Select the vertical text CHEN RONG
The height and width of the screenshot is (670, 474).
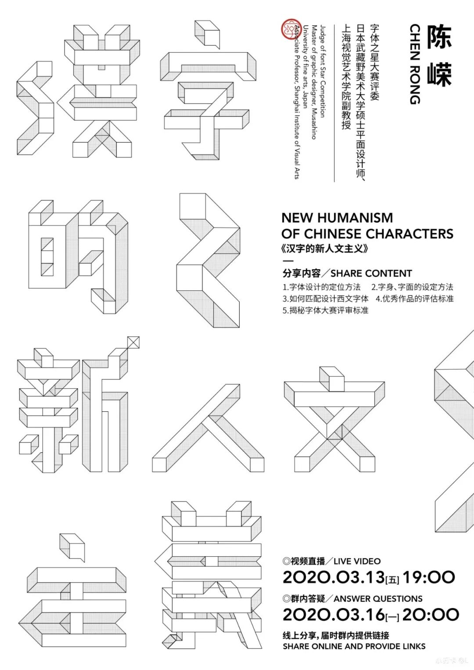click(x=415, y=64)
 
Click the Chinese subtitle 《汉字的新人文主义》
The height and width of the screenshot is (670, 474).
click(x=325, y=249)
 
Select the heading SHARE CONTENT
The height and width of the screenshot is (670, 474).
click(x=371, y=274)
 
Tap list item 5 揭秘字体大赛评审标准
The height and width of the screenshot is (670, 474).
click(x=325, y=310)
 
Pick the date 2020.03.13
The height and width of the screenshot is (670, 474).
click(x=334, y=577)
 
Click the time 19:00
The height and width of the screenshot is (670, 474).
click(x=429, y=577)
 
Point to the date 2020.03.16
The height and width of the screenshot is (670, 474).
click(x=334, y=615)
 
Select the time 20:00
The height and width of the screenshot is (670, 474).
click(x=431, y=615)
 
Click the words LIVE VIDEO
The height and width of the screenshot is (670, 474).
click(x=357, y=561)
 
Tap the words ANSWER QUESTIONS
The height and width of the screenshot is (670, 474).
click(x=378, y=599)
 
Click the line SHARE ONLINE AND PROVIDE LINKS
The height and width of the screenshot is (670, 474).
click(x=354, y=646)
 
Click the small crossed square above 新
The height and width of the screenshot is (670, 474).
click(x=133, y=342)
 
